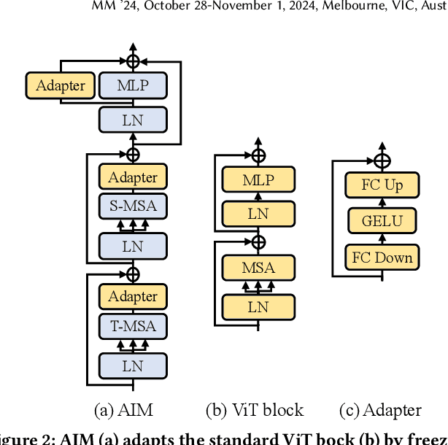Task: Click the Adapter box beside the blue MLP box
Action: [x=61, y=85]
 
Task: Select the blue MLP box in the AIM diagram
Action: [x=133, y=85]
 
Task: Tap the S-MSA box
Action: [x=133, y=206]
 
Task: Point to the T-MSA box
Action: [x=133, y=326]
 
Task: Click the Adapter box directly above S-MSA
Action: [x=133, y=177]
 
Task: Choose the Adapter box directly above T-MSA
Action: [x=133, y=296]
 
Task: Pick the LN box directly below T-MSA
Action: [x=133, y=365]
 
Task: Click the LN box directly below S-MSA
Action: [x=133, y=246]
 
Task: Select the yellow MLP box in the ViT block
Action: [x=258, y=179]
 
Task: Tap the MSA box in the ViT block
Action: [x=258, y=267]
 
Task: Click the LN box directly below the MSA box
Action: [x=258, y=306]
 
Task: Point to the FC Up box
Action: [x=382, y=185]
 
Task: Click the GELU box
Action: [x=382, y=220]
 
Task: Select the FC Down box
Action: [x=382, y=257]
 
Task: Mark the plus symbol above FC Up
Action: [x=382, y=160]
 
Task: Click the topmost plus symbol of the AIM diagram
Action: [x=133, y=61]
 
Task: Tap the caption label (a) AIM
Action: [x=123, y=410]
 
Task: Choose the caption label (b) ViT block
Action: [x=255, y=410]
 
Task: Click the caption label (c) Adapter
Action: [x=381, y=410]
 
